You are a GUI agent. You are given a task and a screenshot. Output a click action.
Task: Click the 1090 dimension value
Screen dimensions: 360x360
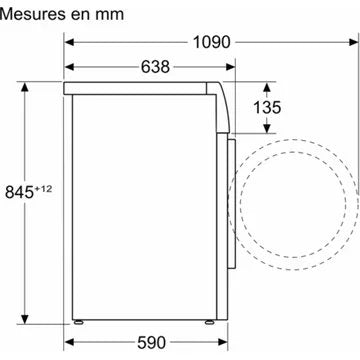[212, 42]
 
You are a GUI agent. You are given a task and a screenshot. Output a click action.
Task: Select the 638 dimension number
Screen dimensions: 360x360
[155, 67]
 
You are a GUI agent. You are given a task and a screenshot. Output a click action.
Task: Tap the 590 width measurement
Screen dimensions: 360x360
[151, 342]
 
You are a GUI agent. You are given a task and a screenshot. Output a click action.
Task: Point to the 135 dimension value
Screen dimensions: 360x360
[267, 107]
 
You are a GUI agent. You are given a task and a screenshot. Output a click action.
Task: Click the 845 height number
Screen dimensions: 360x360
[20, 192]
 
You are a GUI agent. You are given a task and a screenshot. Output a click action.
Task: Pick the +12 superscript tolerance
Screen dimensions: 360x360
[43, 189]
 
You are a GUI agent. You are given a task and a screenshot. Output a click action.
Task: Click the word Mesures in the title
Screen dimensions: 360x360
[35, 14]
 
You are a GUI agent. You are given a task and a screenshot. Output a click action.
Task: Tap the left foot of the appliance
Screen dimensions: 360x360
[79, 322]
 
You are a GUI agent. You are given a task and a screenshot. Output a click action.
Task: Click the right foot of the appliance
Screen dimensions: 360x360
[209, 322]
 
